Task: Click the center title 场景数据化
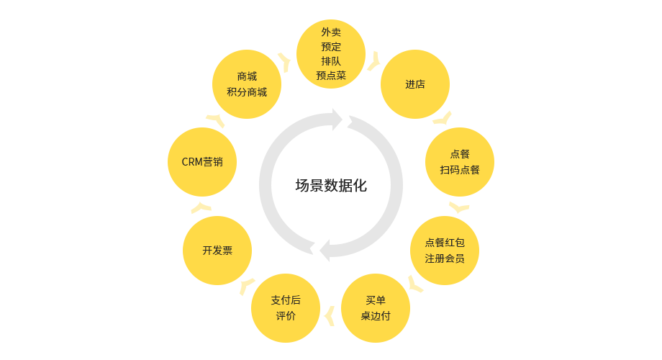click(x=331, y=186)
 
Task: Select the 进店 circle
click(x=415, y=84)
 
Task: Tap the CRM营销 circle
click(x=202, y=162)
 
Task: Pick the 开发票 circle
click(x=217, y=251)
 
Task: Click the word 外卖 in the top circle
click(x=331, y=32)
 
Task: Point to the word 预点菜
click(x=331, y=75)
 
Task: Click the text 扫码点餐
click(x=460, y=170)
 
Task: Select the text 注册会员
click(x=445, y=258)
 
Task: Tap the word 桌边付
click(x=376, y=316)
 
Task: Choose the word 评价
click(x=286, y=316)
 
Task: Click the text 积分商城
click(x=247, y=91)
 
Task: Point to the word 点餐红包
click(x=445, y=243)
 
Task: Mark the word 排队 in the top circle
click(x=331, y=60)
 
